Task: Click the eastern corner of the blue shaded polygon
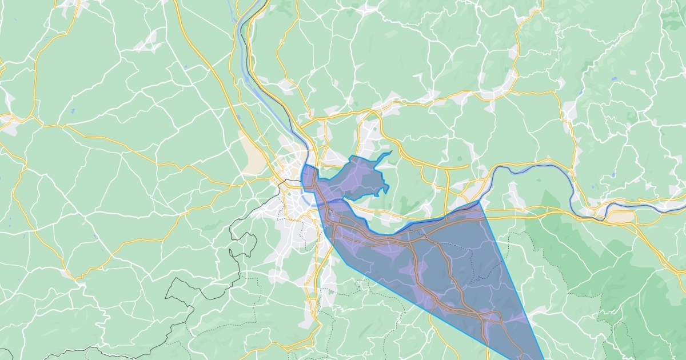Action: click(x=479, y=201)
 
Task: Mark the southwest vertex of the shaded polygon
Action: click(x=345, y=264)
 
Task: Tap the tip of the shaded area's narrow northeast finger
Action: click(x=391, y=153)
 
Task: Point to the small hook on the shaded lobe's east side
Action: click(x=387, y=187)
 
